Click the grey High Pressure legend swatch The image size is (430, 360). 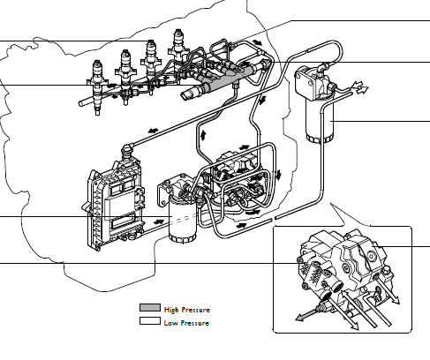point(150,308)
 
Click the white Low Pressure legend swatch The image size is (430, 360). point(150,321)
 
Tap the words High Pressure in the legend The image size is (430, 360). point(187,310)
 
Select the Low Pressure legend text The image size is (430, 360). point(186,323)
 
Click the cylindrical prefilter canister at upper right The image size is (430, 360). point(320,121)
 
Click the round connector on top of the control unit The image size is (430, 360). point(128,152)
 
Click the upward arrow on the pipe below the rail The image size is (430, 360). point(203,135)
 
